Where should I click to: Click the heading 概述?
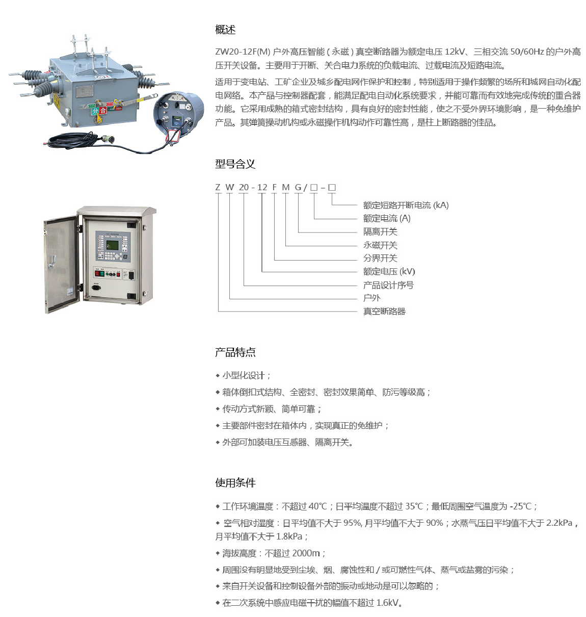[x=225, y=30]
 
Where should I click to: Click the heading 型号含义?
[x=235, y=164]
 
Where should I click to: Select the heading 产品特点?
[x=235, y=352]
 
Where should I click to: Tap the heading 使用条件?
[x=235, y=482]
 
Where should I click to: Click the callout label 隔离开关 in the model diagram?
[x=380, y=232]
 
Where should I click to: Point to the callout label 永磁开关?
[x=380, y=245]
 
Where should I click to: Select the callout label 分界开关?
[x=380, y=258]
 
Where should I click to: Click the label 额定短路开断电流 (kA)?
[x=406, y=205]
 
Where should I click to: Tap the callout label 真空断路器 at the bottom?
[x=384, y=311]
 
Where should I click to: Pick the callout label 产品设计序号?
[x=388, y=285]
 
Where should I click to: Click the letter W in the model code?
[x=230, y=187]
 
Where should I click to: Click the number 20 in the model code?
[x=244, y=187]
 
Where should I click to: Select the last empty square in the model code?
[x=332, y=187]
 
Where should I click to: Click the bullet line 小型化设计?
[x=246, y=375]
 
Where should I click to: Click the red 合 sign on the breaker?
[x=103, y=110]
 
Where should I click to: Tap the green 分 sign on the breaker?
[x=95, y=111]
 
